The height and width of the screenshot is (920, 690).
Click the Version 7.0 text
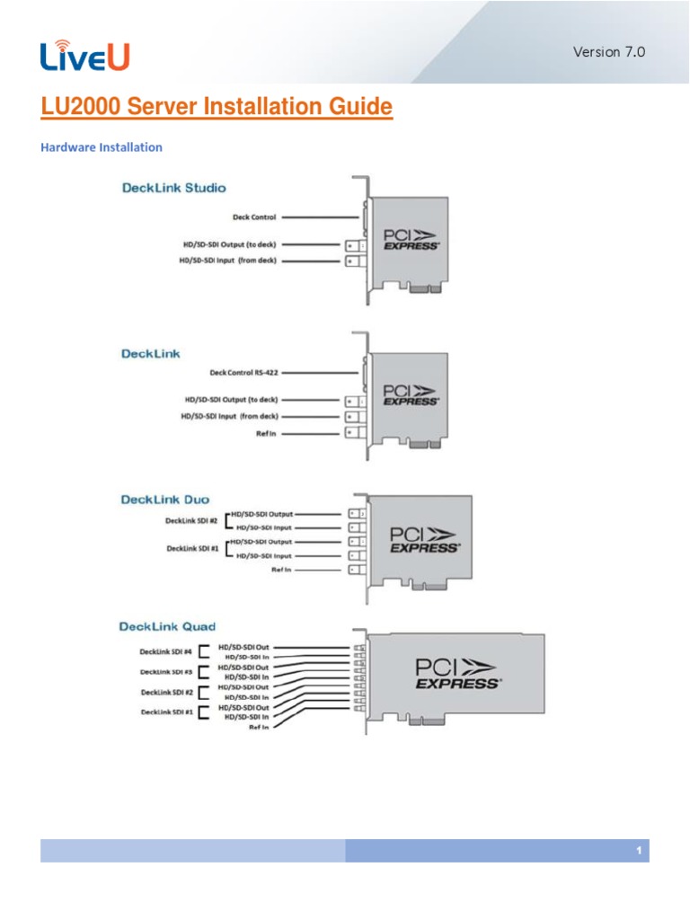[609, 51]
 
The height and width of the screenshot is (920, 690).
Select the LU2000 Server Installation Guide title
[217, 108]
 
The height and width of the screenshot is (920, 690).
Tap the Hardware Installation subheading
[102, 146]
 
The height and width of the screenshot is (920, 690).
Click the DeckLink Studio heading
[173, 188]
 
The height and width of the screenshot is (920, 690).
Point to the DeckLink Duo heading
[163, 498]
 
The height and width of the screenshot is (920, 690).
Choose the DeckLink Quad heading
[167, 625]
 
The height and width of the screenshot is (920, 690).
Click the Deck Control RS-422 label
[243, 372]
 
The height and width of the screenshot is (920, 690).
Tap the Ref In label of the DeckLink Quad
[260, 728]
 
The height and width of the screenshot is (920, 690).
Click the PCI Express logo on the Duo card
[423, 539]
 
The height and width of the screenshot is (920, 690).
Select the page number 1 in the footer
[637, 850]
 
